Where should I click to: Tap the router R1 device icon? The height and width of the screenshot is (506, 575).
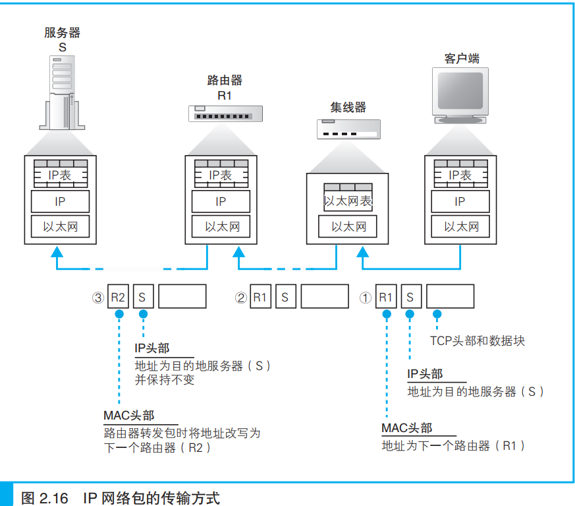(224, 114)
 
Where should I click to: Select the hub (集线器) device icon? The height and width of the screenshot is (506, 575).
(348, 129)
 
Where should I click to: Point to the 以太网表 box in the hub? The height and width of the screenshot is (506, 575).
(348, 201)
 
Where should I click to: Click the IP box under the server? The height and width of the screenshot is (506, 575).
(60, 202)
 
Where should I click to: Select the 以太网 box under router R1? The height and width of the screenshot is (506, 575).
(221, 227)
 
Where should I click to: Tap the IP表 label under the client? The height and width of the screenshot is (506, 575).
(460, 175)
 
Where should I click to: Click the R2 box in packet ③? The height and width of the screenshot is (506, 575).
(117, 297)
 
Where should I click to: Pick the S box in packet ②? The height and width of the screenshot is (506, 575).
(285, 297)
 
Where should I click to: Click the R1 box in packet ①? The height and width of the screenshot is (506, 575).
(385, 297)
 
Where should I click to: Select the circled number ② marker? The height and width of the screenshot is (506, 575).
(240, 298)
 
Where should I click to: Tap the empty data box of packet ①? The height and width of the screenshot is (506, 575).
(450, 297)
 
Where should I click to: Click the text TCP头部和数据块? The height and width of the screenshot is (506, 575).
(478, 341)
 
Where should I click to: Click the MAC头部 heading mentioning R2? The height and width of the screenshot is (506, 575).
(129, 416)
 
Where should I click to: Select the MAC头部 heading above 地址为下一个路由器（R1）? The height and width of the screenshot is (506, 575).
(406, 428)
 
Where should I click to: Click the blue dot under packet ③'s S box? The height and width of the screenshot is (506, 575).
(143, 314)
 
